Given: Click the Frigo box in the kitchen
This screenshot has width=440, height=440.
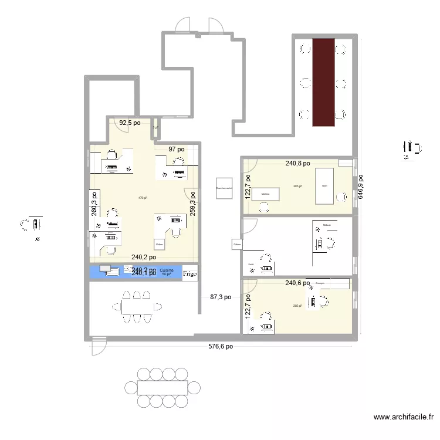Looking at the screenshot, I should coord(190,273).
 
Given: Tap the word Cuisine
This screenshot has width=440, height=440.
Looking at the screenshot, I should coord(167,270).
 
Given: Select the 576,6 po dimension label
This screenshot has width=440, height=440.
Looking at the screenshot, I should coord(221,346).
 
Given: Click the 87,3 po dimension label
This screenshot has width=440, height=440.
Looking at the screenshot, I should coord(221,297).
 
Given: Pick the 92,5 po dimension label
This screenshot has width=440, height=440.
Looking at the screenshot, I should coord(130,123).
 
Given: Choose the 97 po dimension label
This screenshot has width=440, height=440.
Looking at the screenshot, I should coord(177,150).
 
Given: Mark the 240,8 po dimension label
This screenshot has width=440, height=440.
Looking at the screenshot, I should coord(297,164).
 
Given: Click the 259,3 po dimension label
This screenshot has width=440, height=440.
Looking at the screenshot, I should coord(193,201).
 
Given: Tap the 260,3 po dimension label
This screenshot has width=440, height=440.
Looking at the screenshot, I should coord(94,203).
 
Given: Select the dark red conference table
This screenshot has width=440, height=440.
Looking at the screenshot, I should coord(323,82).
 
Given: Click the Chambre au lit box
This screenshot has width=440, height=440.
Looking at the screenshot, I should coord(224,189).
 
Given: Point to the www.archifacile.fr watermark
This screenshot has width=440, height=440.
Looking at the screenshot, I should coord(404,418).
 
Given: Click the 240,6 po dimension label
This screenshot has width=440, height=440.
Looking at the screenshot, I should coord(297,283).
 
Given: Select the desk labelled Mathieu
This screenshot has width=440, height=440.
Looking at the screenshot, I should coord(266,194).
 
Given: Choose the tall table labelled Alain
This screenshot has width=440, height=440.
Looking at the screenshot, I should coord(324,185).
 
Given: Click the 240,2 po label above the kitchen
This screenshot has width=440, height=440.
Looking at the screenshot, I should coord(143,257).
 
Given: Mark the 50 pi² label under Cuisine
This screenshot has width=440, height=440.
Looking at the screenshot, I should coord(166,275).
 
